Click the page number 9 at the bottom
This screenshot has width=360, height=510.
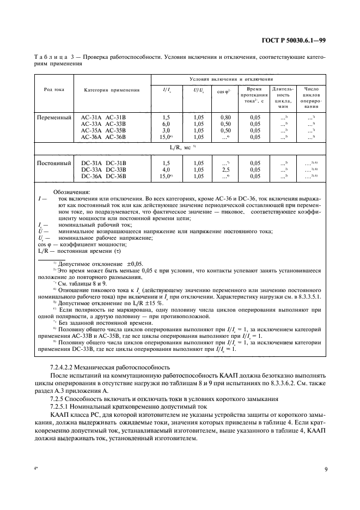point(325,468)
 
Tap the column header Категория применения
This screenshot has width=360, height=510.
point(112,90)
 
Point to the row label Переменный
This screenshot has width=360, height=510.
point(53,117)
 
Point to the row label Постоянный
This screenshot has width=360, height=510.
point(53,163)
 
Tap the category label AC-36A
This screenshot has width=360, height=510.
point(91,138)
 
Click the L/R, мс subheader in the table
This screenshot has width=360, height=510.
point(180,148)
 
